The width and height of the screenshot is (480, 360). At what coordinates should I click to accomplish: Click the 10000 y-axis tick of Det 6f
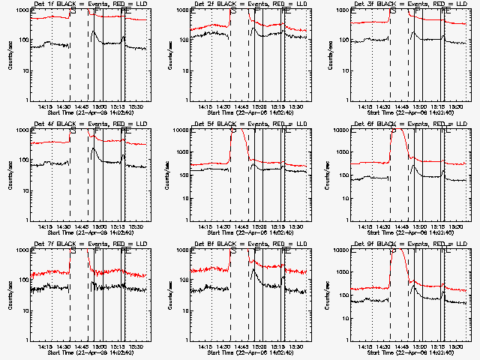(x=344, y=130)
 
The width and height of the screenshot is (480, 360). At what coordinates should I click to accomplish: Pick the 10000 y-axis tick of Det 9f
(x=344, y=250)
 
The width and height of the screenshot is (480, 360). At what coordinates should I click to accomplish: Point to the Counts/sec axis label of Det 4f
(x=10, y=174)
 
